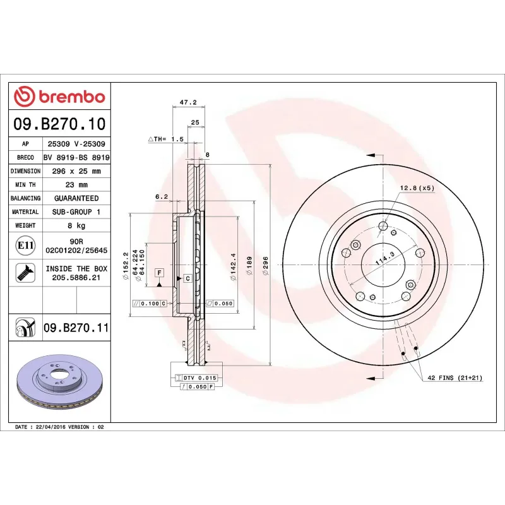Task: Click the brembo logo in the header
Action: [59, 97]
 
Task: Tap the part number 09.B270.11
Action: [76, 328]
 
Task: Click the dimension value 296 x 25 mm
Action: [76, 171]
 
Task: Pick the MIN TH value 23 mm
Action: [76, 185]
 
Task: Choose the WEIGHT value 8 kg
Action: [76, 225]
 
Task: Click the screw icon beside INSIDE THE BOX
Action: [25, 273]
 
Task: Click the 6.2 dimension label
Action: [162, 197]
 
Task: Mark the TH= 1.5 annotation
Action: [165, 138]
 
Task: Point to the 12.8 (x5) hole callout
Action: [417, 187]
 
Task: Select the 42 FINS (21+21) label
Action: [454, 377]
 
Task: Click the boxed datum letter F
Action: [160, 273]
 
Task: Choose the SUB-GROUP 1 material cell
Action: [76, 212]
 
